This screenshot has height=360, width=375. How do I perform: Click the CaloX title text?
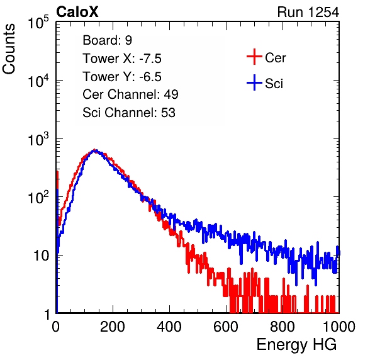click(77, 12)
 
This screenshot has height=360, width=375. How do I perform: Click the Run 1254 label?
click(308, 12)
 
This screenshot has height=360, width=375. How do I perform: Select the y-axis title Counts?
click(9, 49)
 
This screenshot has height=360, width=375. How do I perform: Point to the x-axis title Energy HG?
click(296, 345)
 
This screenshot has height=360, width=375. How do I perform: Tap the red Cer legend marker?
click(254, 57)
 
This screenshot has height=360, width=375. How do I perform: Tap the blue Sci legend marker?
click(254, 82)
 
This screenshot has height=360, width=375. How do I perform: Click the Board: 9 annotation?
click(107, 40)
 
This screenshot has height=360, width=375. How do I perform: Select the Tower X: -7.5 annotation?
click(122, 59)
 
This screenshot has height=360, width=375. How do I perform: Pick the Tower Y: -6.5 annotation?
click(122, 77)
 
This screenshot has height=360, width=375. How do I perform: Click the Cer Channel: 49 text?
click(130, 94)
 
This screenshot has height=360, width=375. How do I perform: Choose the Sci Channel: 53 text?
click(129, 113)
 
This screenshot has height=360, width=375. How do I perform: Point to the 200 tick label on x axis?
click(113, 327)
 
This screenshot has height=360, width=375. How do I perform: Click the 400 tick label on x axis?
click(169, 327)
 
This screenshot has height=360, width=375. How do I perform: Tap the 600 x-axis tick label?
click(226, 327)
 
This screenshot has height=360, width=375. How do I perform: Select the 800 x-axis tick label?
click(283, 327)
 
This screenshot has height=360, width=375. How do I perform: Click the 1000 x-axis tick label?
click(339, 327)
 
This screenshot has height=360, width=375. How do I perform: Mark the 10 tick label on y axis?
click(41, 256)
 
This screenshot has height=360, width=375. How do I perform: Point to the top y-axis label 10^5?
click(38, 22)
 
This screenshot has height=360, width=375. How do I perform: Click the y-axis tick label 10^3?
click(38, 138)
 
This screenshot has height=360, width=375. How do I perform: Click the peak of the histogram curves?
click(95, 150)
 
